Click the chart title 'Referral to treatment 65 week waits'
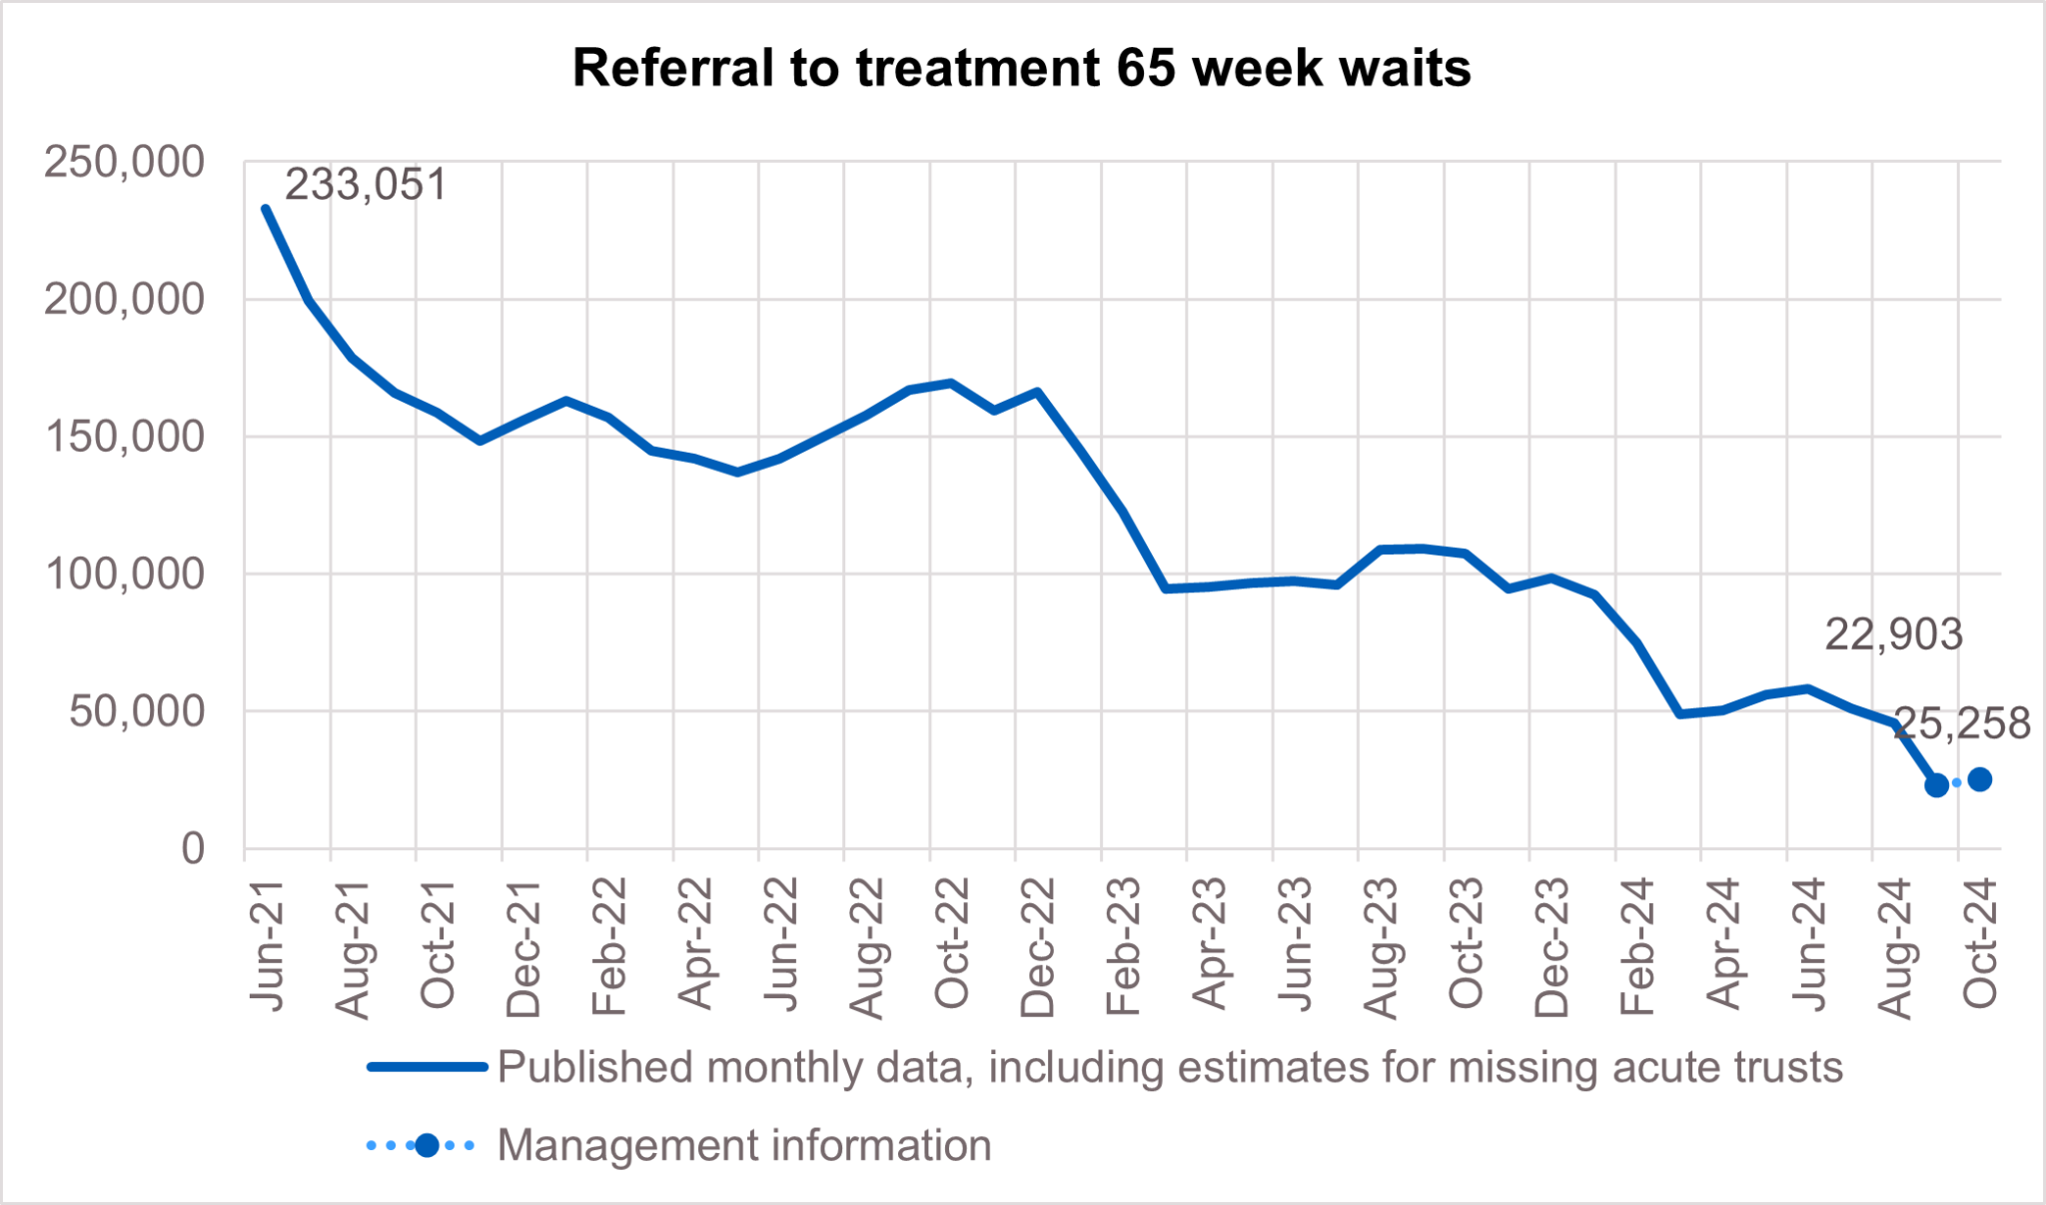click(1021, 69)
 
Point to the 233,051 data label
click(366, 186)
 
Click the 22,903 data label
click(1893, 635)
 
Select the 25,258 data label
click(1962, 723)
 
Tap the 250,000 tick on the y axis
click(124, 162)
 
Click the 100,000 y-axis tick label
click(124, 575)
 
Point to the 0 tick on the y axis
click(192, 849)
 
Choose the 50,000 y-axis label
click(136, 712)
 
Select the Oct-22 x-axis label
click(952, 944)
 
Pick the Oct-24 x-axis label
click(1980, 944)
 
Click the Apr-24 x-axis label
click(1723, 944)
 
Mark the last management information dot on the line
click(1979, 779)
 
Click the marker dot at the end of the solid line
click(1936, 785)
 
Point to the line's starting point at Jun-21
click(266, 209)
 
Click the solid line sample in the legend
click(427, 1067)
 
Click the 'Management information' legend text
click(744, 1145)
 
